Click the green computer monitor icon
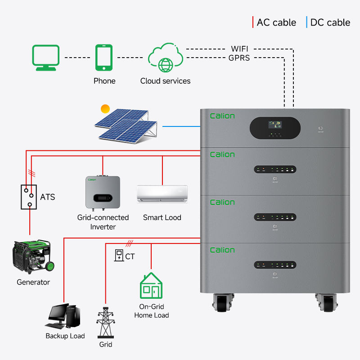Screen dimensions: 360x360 pyautogui.click(x=45, y=57)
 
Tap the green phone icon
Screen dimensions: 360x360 pyautogui.click(x=104, y=57)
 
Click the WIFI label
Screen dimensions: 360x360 pyautogui.click(x=240, y=49)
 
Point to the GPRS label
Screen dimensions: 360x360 pyautogui.click(x=239, y=58)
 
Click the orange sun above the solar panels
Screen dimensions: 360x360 pyautogui.click(x=105, y=108)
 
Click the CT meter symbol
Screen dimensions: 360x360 pyautogui.click(x=118, y=255)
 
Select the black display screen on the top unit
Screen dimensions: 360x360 pyautogui.click(x=274, y=128)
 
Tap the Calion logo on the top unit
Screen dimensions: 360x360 pyautogui.click(x=222, y=116)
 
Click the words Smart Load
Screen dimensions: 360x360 pyautogui.click(x=162, y=217)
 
